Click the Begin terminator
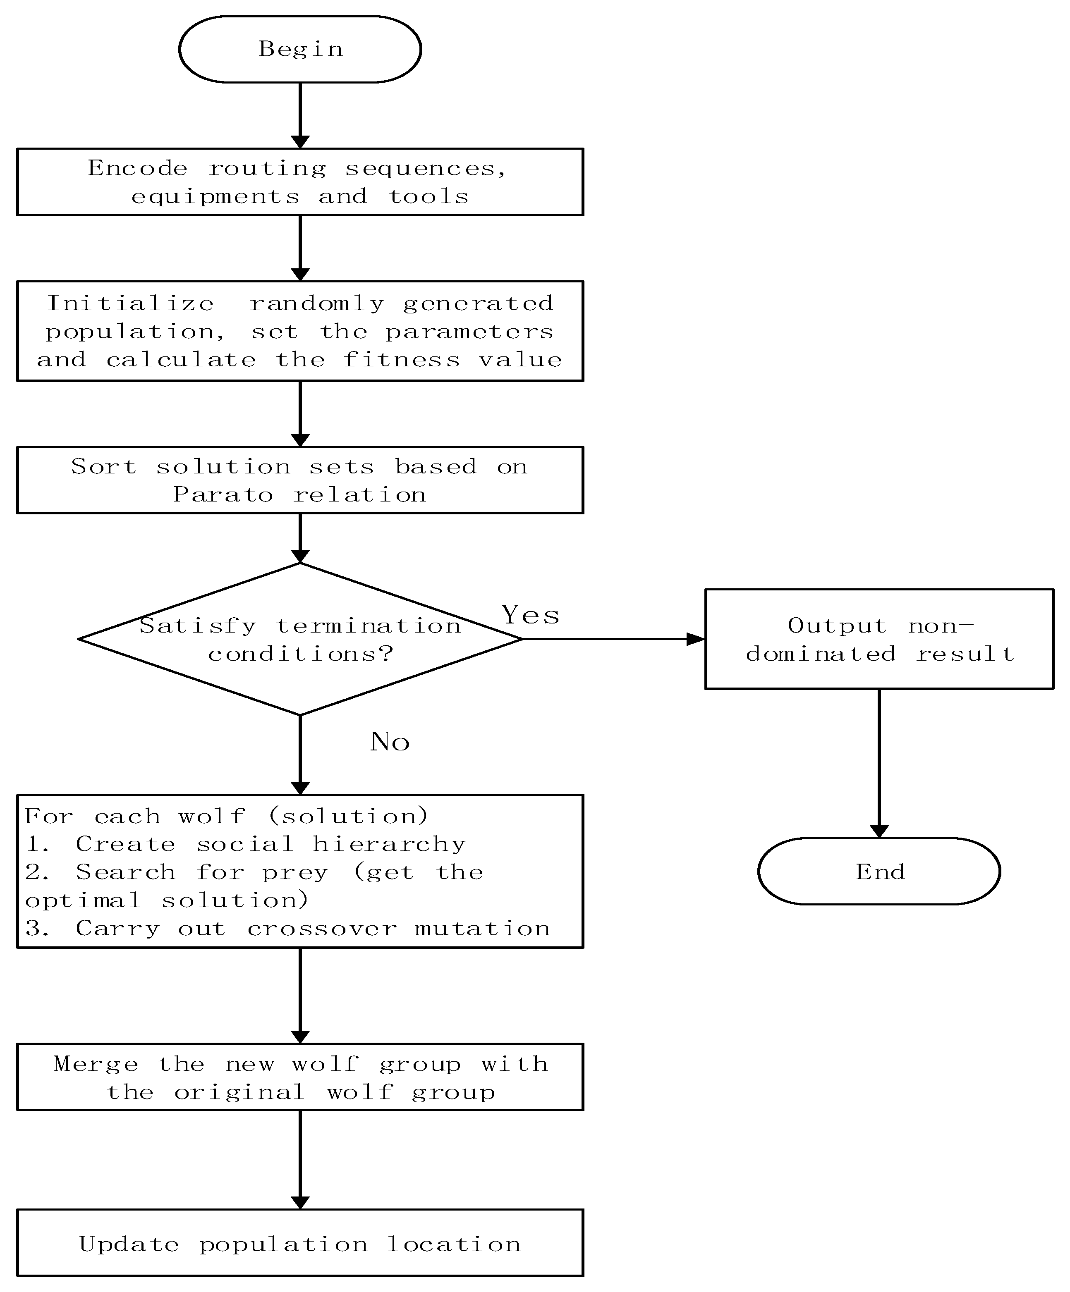(x=300, y=49)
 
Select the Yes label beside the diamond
(x=530, y=615)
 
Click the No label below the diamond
(x=389, y=741)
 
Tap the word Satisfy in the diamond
(x=197, y=626)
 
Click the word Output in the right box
(x=837, y=626)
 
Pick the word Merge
(x=96, y=1064)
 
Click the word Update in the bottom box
(x=129, y=1244)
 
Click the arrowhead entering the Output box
(x=696, y=639)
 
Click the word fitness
(x=401, y=359)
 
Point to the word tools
(x=428, y=196)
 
